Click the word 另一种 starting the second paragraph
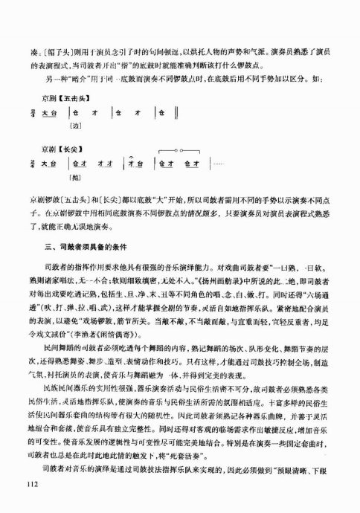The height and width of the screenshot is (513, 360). coord(54,57)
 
